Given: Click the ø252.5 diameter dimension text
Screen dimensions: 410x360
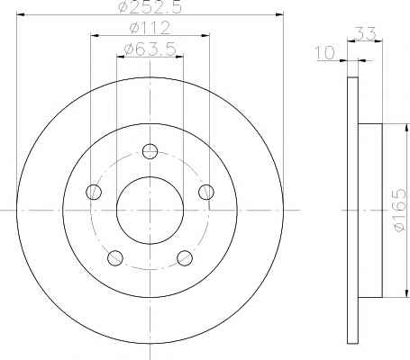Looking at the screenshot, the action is pyautogui.click(x=150, y=7).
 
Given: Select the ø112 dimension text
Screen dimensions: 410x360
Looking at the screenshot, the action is pyautogui.click(x=150, y=28).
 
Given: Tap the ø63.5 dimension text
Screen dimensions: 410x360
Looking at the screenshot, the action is pyautogui.click(x=150, y=49).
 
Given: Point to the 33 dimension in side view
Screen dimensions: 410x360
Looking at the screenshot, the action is pyautogui.click(x=365, y=33).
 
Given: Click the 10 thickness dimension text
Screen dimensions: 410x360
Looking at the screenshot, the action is pyautogui.click(x=324, y=52).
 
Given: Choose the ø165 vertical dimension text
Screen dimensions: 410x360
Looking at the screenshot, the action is pyautogui.click(x=399, y=210).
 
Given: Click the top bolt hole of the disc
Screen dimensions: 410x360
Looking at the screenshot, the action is pyautogui.click(x=150, y=151).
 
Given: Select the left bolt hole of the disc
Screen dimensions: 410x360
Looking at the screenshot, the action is pyautogui.click(x=94, y=192).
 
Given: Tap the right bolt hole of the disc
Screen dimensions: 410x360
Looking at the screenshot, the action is pyautogui.click(x=206, y=192).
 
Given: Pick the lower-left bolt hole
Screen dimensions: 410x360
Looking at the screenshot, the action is pyautogui.click(x=115, y=257).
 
